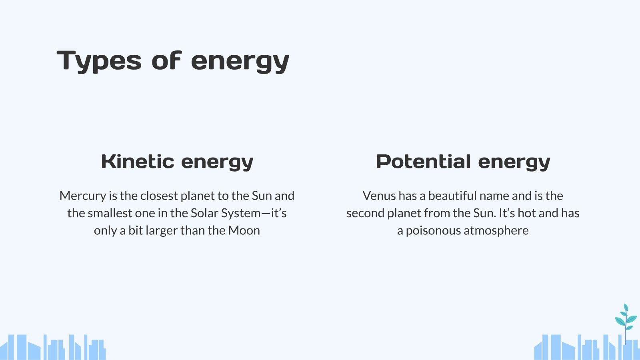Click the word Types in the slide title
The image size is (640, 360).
pos(99,61)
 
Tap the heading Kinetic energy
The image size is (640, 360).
pos(177,162)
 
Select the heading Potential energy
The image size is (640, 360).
pos(463,162)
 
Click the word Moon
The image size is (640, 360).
pos(244,230)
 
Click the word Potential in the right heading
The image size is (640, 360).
pos(424,162)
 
